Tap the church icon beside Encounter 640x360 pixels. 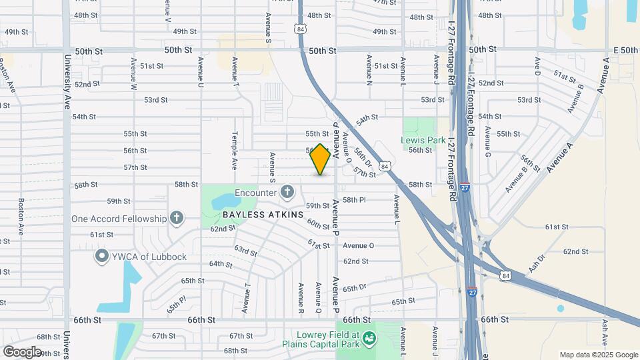pos(287,193)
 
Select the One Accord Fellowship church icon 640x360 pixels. pos(176,217)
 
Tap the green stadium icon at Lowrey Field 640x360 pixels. pos(368,339)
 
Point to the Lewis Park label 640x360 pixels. pos(423,141)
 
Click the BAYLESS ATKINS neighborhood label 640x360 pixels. pos(263,215)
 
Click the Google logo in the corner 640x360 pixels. pos(21,351)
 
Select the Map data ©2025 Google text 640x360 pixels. pos(599,355)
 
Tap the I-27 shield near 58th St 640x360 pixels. pos(465,188)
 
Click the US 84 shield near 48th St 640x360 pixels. pos(301,29)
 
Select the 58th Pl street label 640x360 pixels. pos(354,200)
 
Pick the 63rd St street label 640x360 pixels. pos(245,251)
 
